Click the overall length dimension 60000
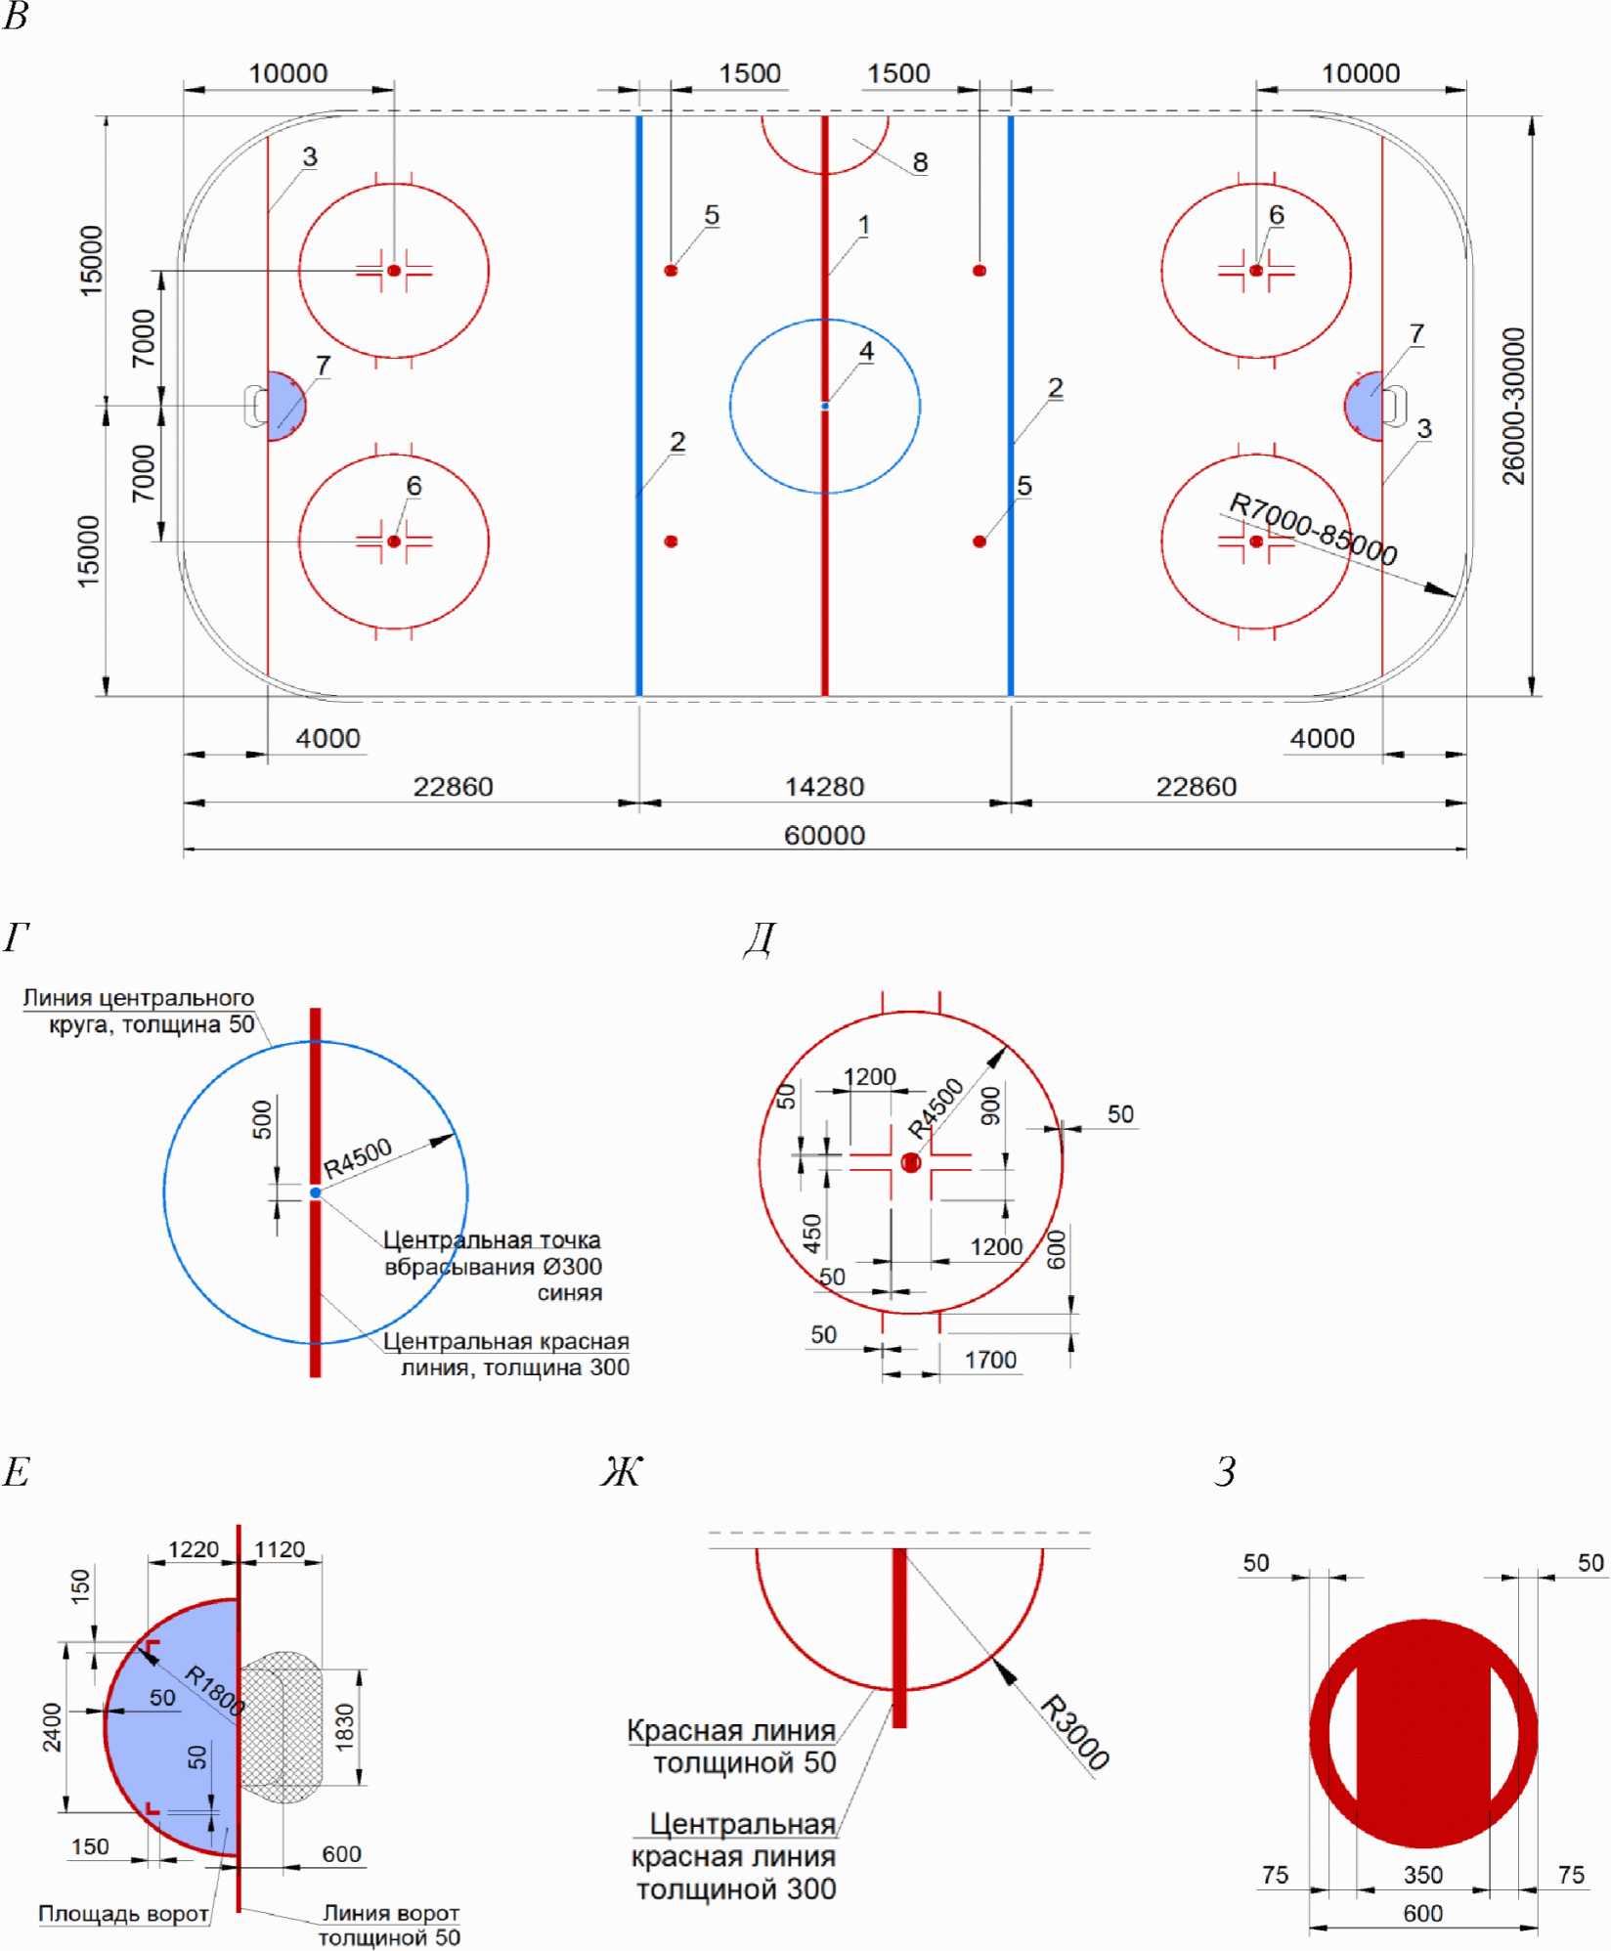click(x=824, y=836)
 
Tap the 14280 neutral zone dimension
click(x=824, y=787)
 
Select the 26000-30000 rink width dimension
click(x=1513, y=406)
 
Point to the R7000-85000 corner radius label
click(x=1312, y=529)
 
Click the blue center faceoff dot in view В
click(x=825, y=406)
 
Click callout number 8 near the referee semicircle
click(x=920, y=162)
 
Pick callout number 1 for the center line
click(x=863, y=226)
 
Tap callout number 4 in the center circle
click(x=866, y=351)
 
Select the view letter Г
click(x=17, y=938)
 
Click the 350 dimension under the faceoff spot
click(x=1423, y=1874)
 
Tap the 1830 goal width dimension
click(x=344, y=1727)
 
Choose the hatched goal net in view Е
click(x=281, y=1727)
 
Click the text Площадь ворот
click(x=123, y=1913)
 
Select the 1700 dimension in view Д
click(x=990, y=1360)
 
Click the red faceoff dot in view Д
click(x=911, y=1162)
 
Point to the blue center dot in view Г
click(x=315, y=1192)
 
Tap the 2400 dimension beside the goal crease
click(x=52, y=1727)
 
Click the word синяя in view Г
click(x=569, y=1293)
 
